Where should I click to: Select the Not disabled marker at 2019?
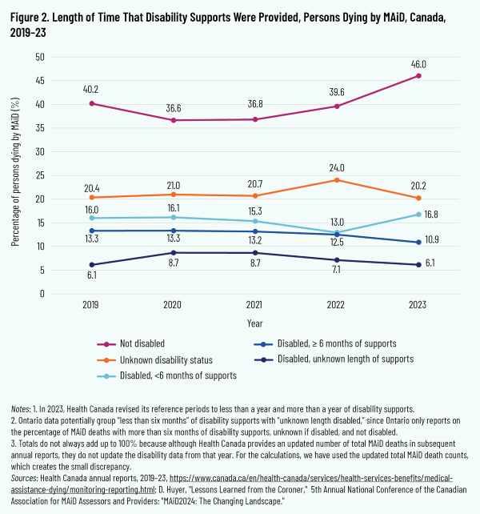pyautogui.click(x=93, y=103)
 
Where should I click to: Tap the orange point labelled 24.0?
pyautogui.click(x=336, y=179)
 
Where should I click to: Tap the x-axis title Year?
pyautogui.click(x=255, y=325)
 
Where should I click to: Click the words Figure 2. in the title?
pyautogui.click(x=34, y=15)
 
